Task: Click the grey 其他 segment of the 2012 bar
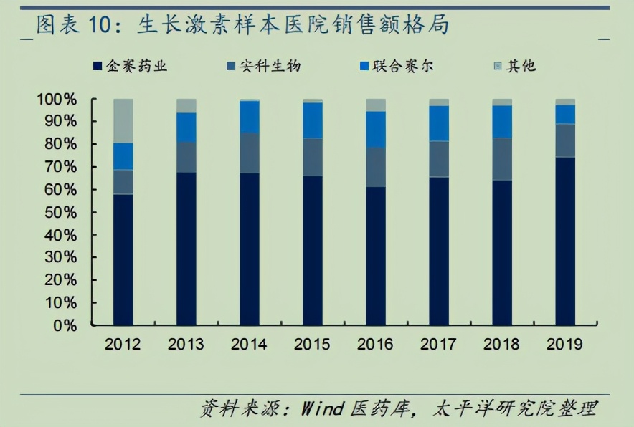click(x=123, y=120)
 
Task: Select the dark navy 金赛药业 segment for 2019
click(x=564, y=241)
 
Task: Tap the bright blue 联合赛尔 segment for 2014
click(x=250, y=116)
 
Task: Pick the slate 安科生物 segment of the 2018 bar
click(x=502, y=158)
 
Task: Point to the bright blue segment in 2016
click(x=376, y=129)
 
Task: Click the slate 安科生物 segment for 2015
click(x=313, y=157)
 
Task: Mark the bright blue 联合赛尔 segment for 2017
click(x=439, y=123)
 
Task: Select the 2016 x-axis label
click(x=376, y=344)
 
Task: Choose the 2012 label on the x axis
click(x=123, y=344)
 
